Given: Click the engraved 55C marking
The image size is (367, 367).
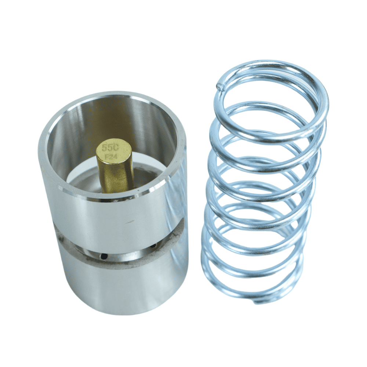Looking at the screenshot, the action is tap(110, 148).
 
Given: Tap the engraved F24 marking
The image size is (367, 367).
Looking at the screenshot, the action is tap(110, 157).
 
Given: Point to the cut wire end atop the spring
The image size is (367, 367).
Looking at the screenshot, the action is tap(220, 87).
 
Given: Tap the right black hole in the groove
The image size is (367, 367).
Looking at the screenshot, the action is tap(153, 246).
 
